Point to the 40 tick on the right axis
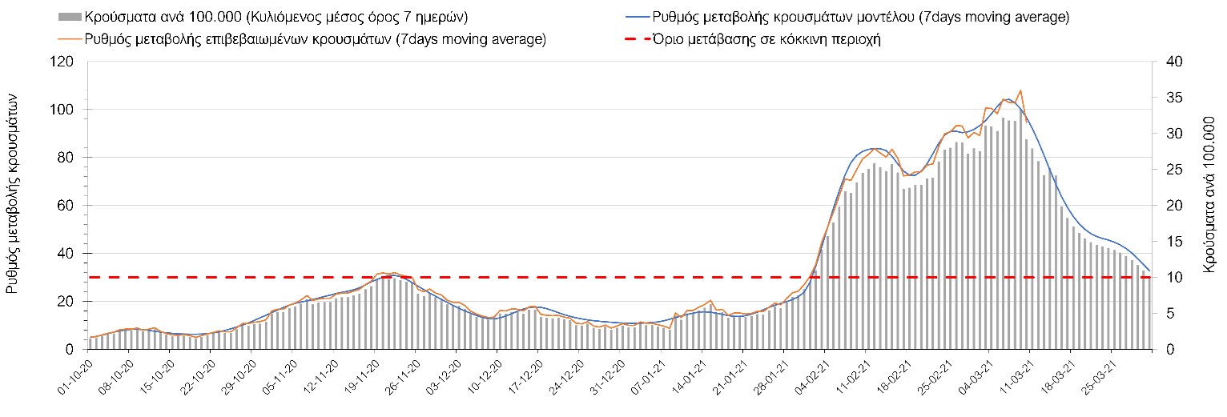(1165, 62)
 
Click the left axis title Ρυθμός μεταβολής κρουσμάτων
(14, 203)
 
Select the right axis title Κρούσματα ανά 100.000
(1209, 203)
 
